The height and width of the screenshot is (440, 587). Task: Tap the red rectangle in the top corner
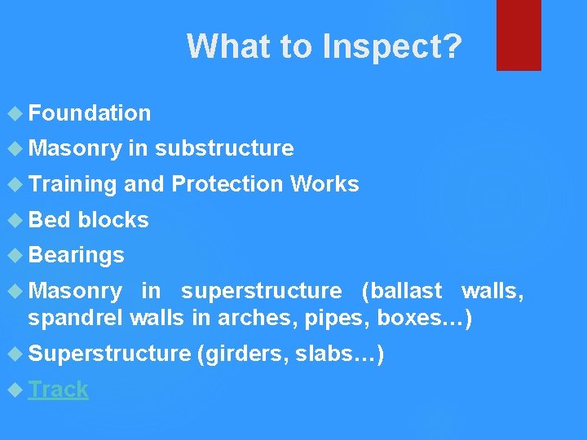tap(519, 34)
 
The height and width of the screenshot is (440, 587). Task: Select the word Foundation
tap(90, 113)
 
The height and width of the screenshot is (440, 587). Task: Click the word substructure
tap(224, 148)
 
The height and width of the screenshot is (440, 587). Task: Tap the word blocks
tap(113, 220)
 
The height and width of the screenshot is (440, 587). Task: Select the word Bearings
tap(76, 255)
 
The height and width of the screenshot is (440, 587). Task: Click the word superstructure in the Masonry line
tap(262, 291)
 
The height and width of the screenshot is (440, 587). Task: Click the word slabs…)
tap(341, 354)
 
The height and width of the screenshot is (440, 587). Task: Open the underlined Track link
tap(59, 389)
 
